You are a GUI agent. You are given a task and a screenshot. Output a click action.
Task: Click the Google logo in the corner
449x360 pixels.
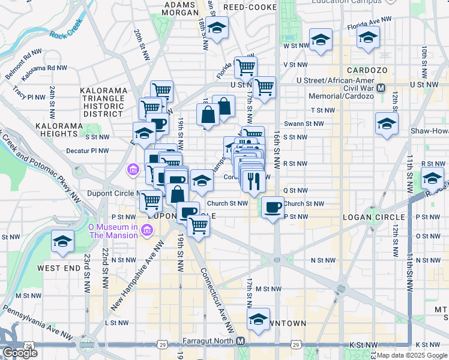(20, 353)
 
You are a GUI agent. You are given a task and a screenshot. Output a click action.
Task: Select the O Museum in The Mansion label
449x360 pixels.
(112, 231)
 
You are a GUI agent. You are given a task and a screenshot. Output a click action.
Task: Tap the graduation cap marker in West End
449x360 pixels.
(62, 241)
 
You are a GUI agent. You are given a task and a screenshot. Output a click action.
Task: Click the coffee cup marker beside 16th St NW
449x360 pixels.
(273, 207)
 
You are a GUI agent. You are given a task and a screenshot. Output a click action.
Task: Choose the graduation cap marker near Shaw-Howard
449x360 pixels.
(387, 124)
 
